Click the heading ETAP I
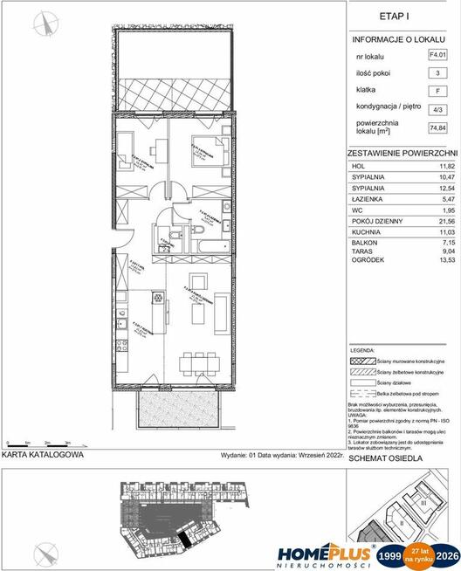tap(404, 15)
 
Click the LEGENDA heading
tap(362, 347)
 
